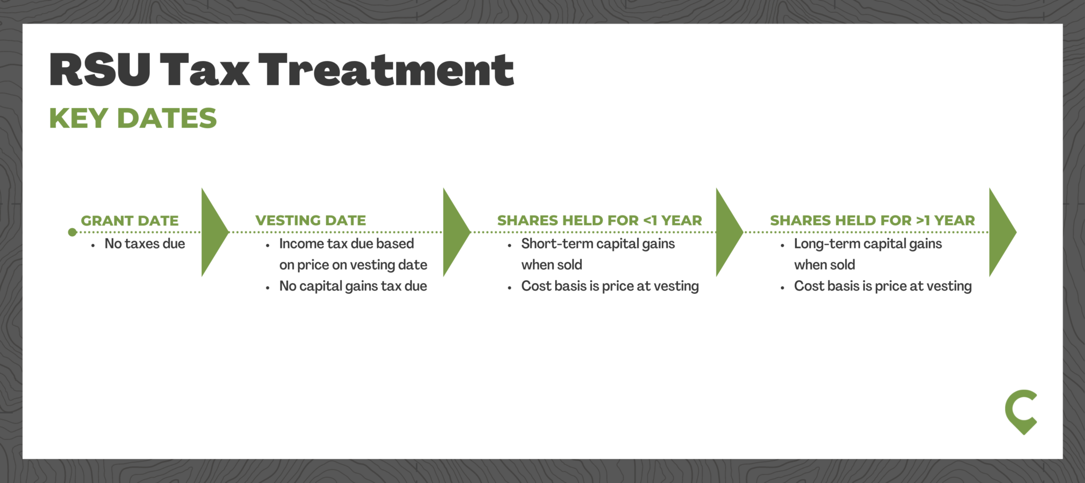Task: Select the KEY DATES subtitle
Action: coord(133,118)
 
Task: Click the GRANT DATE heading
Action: coord(130,221)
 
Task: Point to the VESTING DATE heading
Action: coord(310,220)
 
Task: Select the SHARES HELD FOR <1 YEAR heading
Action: coord(600,220)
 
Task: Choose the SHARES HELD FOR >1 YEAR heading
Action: coord(873,220)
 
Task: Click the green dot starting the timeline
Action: coord(73,232)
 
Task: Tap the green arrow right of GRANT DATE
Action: coord(215,232)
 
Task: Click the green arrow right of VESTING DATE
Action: coord(456,232)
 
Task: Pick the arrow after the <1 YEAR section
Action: coord(729,232)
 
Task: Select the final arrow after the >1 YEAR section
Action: coord(1002,232)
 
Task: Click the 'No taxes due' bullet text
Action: coord(145,244)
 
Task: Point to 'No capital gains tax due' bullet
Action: coord(353,286)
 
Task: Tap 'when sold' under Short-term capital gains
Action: coord(552,265)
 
